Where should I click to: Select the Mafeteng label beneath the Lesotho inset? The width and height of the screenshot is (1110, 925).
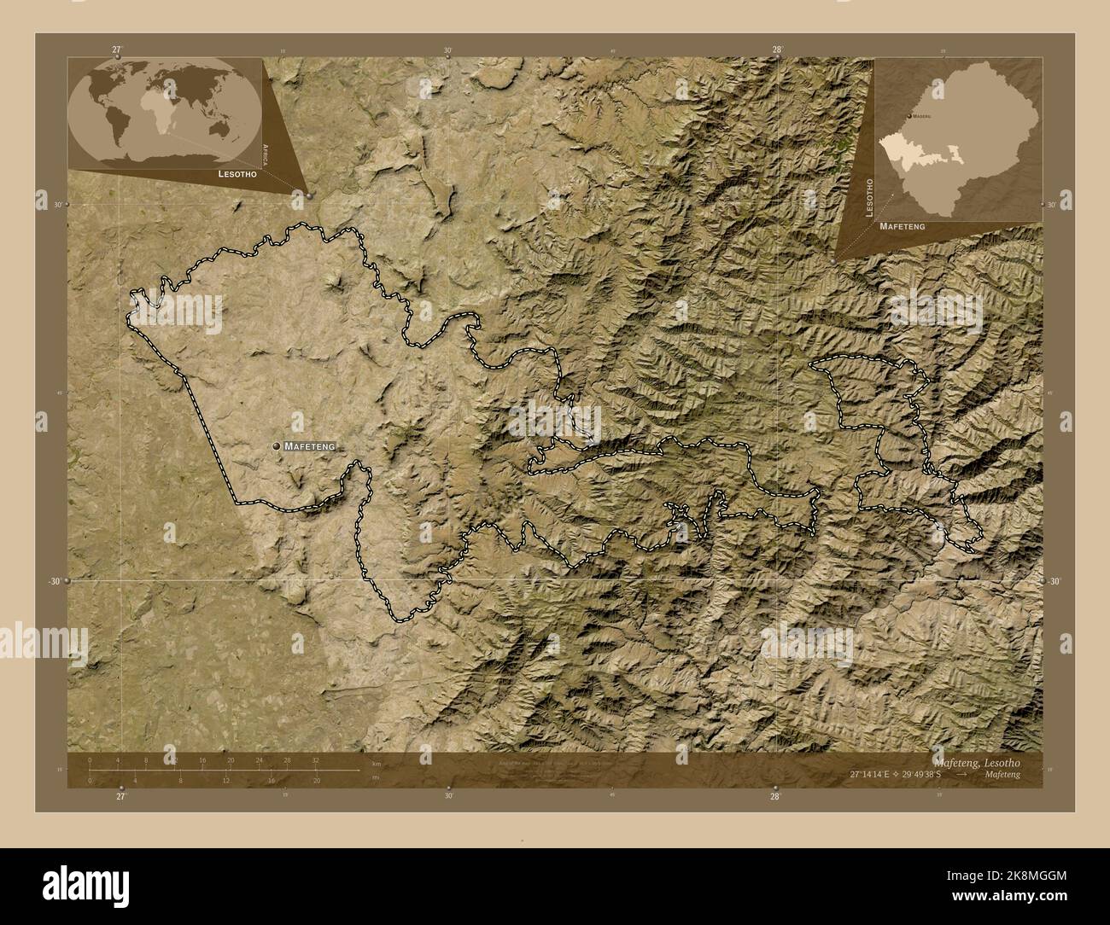point(903,228)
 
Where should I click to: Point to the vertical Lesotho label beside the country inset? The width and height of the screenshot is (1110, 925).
point(869,199)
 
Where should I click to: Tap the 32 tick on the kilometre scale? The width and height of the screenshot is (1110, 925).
point(315,759)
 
